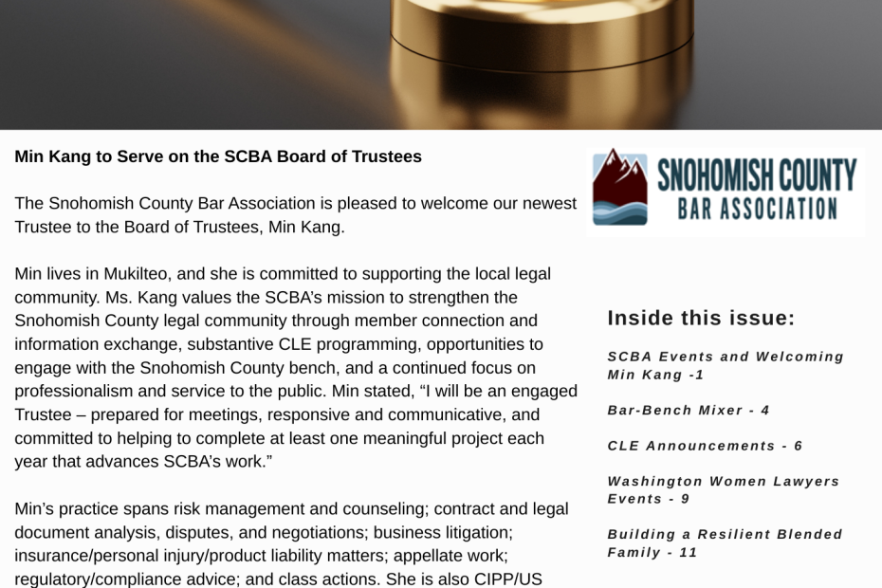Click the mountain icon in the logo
click(620, 186)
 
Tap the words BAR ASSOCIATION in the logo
click(756, 208)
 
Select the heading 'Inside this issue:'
click(701, 318)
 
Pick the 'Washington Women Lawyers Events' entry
click(724, 489)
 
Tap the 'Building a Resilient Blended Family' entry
click(725, 542)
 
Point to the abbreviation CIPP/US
click(510, 579)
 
